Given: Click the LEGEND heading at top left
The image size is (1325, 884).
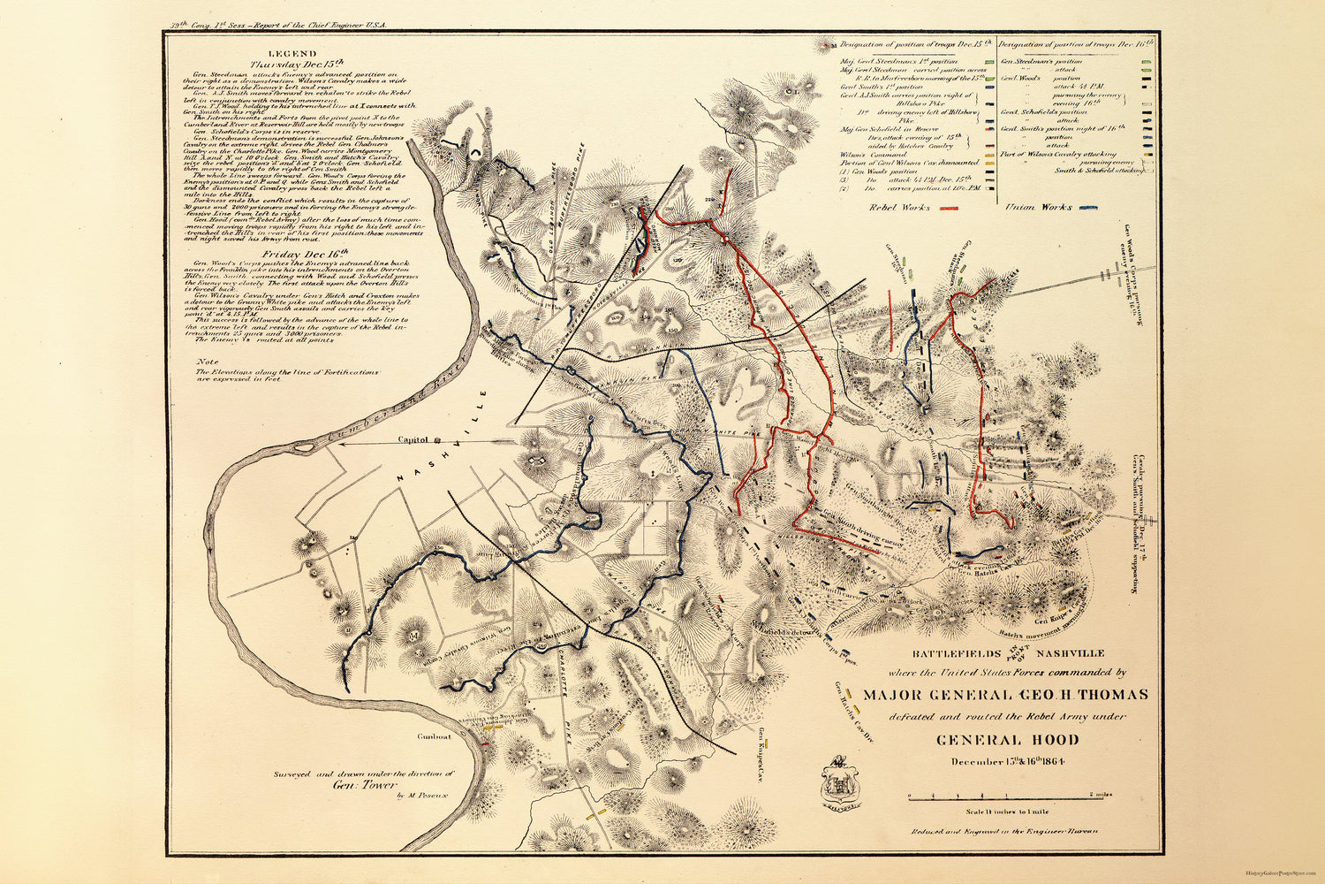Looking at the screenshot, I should [291, 54].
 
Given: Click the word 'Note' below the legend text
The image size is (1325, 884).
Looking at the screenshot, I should [208, 362].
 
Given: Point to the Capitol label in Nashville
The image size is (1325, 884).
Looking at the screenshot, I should [413, 438].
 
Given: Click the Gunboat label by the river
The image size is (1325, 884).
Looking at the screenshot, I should [435, 735].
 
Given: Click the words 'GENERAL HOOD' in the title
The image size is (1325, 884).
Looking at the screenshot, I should [1008, 740].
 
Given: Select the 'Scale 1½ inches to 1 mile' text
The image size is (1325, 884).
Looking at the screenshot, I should [1008, 811].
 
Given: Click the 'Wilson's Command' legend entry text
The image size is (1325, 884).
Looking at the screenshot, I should [865, 154].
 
